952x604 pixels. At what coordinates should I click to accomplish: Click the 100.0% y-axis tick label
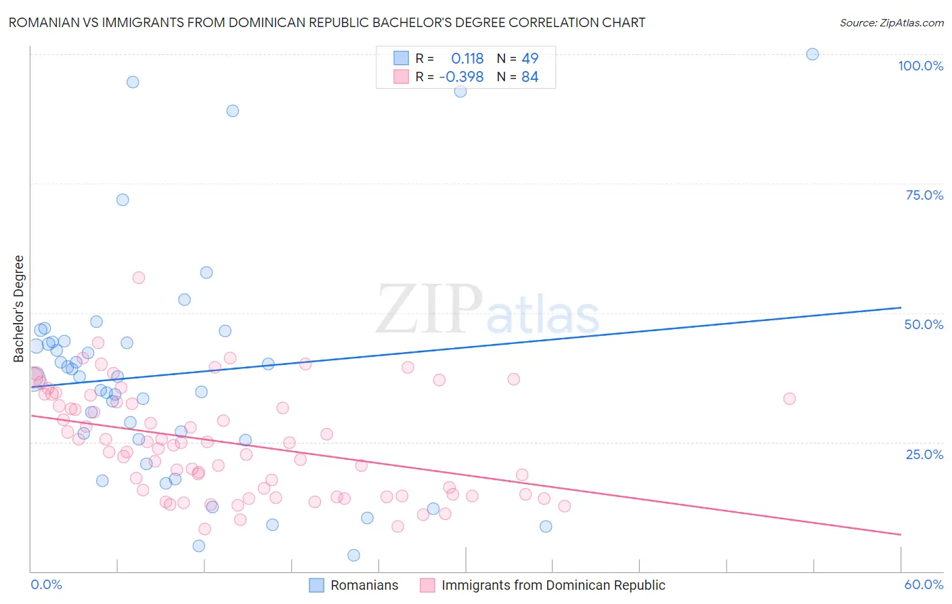coord(920,66)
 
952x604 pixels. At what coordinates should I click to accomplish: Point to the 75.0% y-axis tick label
coord(924,195)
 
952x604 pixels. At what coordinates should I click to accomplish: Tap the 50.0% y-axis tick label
coord(924,324)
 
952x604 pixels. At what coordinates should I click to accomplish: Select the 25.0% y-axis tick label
coord(924,454)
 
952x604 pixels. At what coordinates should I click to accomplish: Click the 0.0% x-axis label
coord(46,584)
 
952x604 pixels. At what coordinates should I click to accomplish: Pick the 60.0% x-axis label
coord(924,584)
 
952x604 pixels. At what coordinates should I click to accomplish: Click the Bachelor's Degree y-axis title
coord(19,309)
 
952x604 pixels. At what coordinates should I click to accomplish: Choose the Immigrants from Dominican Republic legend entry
coord(542,585)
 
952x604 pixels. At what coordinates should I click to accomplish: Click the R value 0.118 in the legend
coord(467,59)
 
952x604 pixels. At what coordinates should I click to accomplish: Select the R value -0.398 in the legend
coord(461,77)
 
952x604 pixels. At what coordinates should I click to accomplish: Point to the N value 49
coord(529,59)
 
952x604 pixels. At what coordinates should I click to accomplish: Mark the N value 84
coord(529,77)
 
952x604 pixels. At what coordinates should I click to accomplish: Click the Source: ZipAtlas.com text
coord(891,23)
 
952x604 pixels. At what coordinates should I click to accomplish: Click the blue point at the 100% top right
coord(813,54)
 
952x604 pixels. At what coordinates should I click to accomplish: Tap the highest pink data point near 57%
coord(139,278)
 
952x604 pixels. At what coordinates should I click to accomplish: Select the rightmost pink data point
coord(789,399)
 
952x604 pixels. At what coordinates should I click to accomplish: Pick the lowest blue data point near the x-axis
coord(353,555)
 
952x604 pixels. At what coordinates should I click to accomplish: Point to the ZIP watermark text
coord(429,309)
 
